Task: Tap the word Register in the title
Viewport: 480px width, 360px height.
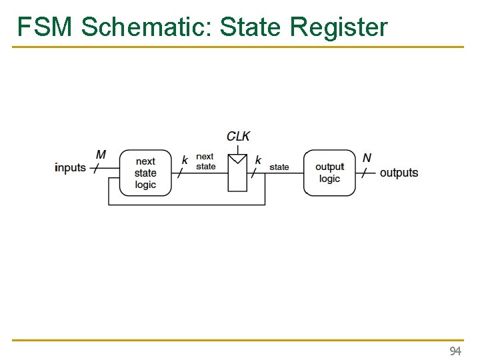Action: [339, 27]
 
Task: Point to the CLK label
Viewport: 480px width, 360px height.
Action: [238, 136]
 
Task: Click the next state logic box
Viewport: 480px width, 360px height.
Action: [145, 173]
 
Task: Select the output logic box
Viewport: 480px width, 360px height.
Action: [329, 173]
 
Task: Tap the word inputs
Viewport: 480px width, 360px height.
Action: [70, 168]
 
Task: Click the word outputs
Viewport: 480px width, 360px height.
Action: [399, 173]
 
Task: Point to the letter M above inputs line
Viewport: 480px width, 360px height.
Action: [101, 155]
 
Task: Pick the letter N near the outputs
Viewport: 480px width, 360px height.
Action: [367, 158]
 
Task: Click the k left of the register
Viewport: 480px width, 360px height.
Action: [185, 160]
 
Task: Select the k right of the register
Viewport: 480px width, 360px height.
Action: [258, 160]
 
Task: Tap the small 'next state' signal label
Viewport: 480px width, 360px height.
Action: [205, 161]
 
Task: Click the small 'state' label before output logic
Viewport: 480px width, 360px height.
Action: [279, 167]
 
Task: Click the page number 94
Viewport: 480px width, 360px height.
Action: [455, 351]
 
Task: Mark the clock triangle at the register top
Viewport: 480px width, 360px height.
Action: [237, 159]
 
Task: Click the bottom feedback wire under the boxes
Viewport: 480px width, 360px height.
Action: [187, 205]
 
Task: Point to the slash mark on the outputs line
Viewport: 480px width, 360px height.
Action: [364, 173]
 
